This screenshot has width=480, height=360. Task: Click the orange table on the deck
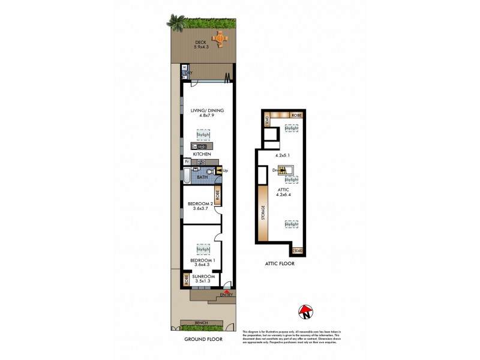coord(221,38)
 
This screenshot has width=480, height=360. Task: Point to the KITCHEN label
coord(202,154)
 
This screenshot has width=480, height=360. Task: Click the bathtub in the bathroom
coord(186,176)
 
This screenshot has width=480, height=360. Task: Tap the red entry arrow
coord(227,291)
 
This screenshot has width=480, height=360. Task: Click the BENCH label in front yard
coord(202,323)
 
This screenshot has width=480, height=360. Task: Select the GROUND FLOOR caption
coord(203,339)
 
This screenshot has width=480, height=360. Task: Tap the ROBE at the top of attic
coord(296,115)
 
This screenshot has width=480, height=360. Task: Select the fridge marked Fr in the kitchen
coord(187,161)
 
